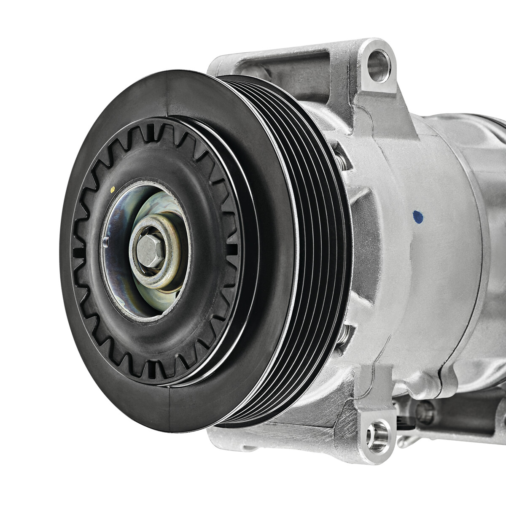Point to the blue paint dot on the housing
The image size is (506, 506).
tap(417, 216)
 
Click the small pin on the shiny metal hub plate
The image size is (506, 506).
tap(105, 241)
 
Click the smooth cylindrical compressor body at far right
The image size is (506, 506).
tap(493, 253)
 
